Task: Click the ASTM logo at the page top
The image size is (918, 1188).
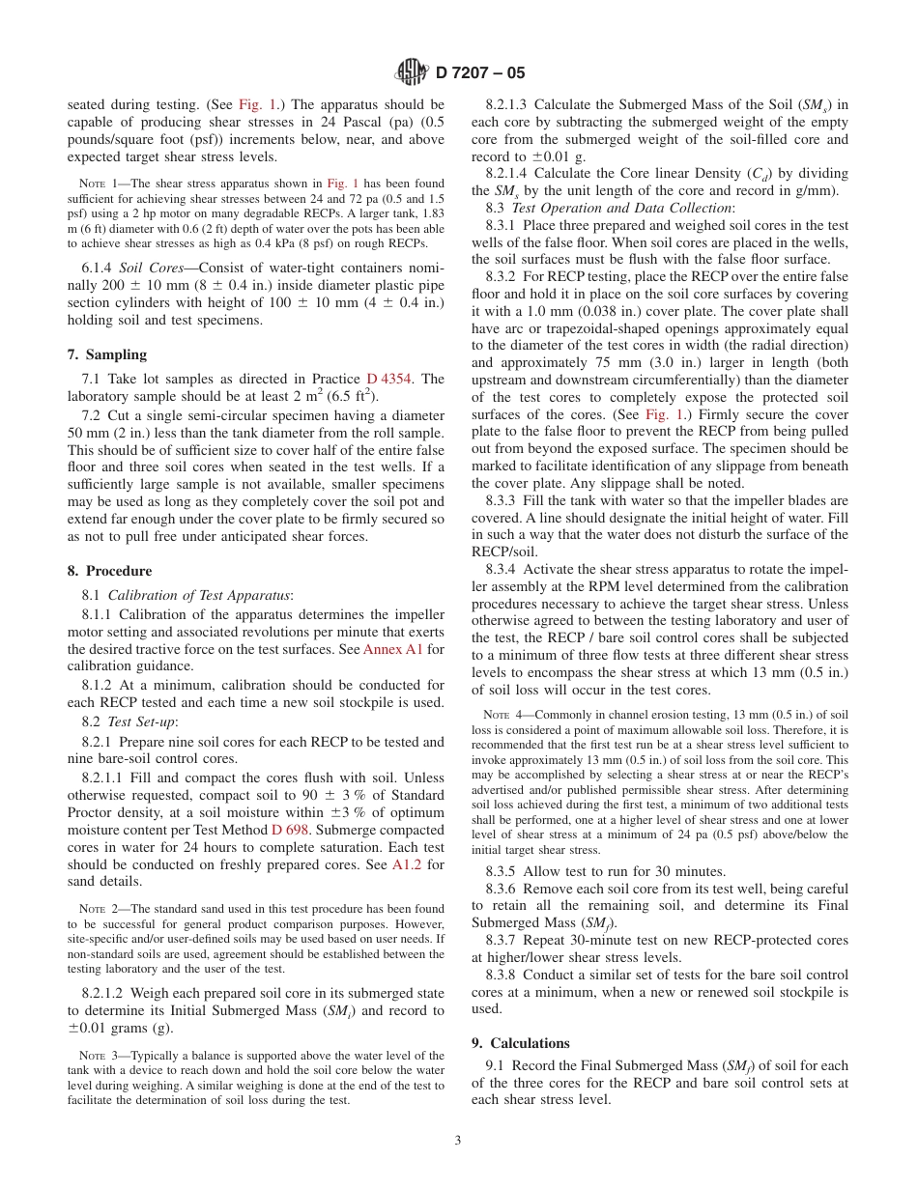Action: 413,72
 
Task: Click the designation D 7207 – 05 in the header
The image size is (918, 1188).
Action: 480,73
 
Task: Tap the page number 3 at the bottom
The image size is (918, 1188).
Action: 458,1140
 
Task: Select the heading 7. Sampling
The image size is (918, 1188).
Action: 106,354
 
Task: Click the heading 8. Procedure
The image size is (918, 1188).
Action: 109,571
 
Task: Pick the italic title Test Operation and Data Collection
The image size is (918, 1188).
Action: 622,207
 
